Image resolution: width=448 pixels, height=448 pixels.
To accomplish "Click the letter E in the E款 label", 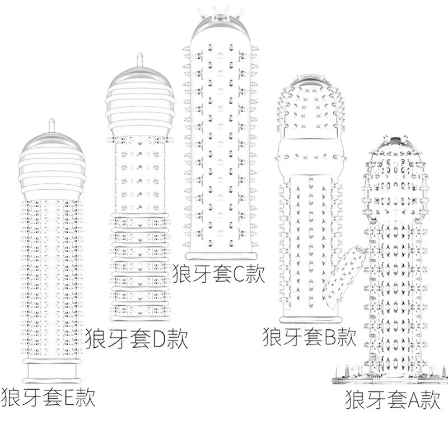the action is (69, 397).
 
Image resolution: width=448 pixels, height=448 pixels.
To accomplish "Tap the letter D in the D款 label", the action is (160, 339).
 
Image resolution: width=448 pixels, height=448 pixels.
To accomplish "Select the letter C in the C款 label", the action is (239, 273).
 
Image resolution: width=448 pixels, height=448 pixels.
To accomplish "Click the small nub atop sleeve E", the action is (52, 125).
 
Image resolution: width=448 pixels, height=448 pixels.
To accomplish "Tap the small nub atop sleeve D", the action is (139, 60).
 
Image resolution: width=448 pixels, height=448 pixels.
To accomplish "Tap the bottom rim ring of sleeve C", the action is (220, 256).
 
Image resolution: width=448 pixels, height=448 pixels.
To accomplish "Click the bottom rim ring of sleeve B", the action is (311, 320).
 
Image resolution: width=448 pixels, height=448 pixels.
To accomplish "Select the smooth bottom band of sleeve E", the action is (52, 371).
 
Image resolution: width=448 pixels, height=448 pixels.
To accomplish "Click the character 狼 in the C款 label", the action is (182, 273).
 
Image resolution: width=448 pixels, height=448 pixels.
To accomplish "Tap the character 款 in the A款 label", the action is (431, 399).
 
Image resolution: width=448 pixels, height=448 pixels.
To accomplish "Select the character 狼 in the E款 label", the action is (10, 397).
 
